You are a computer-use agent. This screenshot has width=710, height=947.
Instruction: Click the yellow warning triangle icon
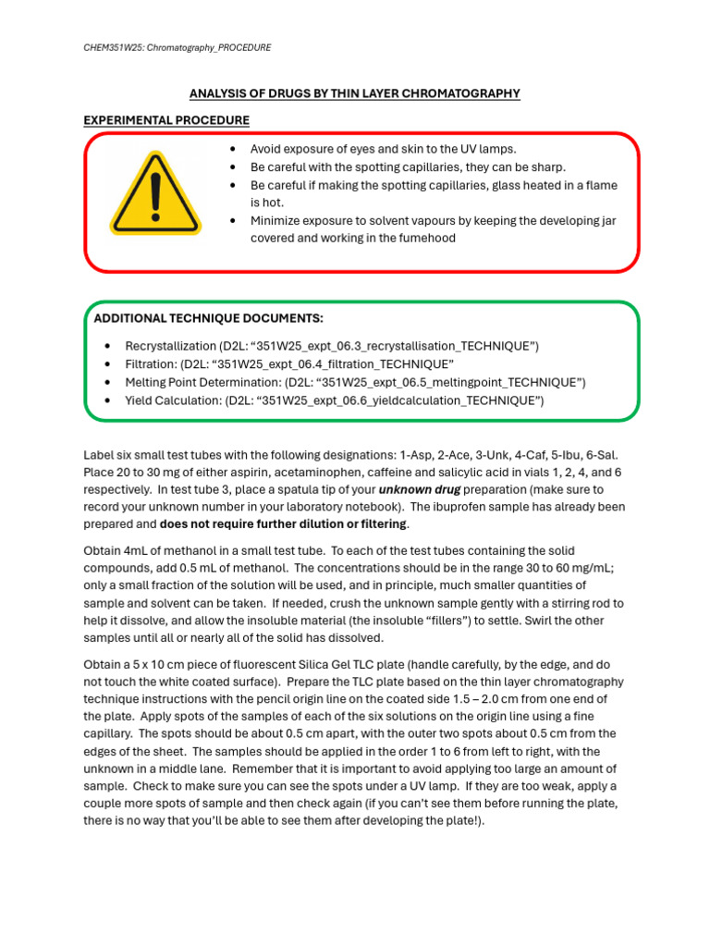[x=154, y=193]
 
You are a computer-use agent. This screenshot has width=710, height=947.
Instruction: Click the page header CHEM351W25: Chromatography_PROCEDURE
[x=178, y=47]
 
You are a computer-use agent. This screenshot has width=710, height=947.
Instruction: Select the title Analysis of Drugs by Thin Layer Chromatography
[x=355, y=93]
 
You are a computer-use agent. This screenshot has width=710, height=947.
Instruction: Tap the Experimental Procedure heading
[x=166, y=120]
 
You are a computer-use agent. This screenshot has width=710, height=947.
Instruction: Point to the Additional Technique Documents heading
[x=209, y=319]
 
